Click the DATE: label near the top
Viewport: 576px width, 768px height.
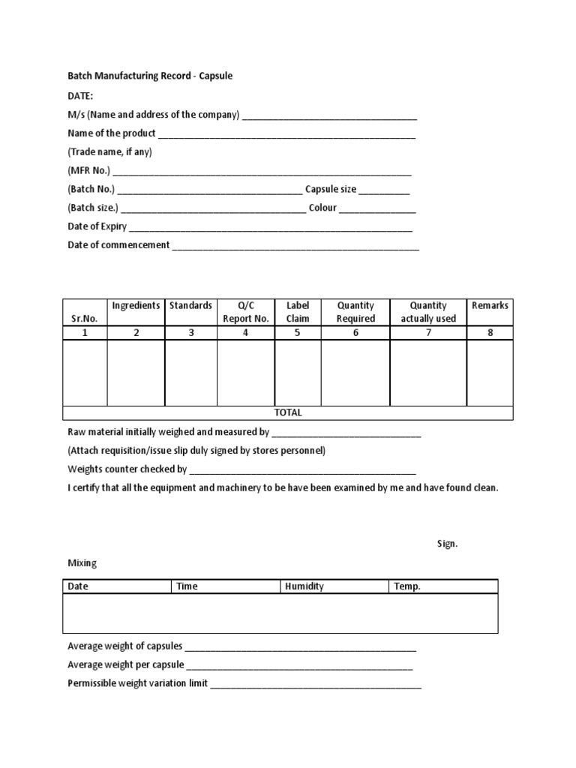point(80,95)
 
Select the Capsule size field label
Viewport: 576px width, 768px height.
point(331,190)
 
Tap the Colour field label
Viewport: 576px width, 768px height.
point(322,208)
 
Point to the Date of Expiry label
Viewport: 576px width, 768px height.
point(97,226)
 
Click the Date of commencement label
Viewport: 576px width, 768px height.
point(118,245)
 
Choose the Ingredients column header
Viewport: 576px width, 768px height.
point(136,305)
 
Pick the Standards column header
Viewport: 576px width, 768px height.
point(190,305)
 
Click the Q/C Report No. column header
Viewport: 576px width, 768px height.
point(246,312)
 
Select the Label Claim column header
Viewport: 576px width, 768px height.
point(298,312)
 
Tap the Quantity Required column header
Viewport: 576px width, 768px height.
point(355,312)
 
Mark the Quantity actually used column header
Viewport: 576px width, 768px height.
point(428,312)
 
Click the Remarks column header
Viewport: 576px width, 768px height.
point(490,305)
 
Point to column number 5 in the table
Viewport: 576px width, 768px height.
point(298,333)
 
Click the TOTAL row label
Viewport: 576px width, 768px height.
point(288,412)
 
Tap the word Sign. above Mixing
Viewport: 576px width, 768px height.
point(447,544)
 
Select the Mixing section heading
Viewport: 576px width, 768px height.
point(82,562)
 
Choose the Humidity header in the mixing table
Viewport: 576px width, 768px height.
point(304,586)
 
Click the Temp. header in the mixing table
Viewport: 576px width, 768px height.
point(407,586)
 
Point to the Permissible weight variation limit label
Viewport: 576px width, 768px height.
point(138,683)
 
